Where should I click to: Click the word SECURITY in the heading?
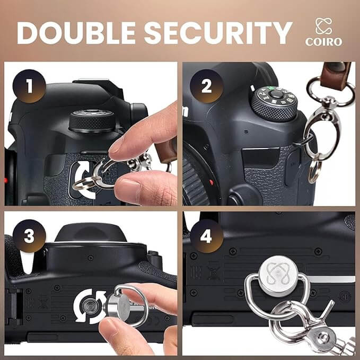218,33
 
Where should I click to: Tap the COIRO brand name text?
324,42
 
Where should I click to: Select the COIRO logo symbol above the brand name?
324,26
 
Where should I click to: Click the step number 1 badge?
29,86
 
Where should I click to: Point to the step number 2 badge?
206,86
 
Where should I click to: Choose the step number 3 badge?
29,236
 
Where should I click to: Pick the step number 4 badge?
206,236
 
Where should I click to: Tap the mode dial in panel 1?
92,121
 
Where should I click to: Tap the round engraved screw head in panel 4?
278,276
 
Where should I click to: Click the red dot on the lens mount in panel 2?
211,182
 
